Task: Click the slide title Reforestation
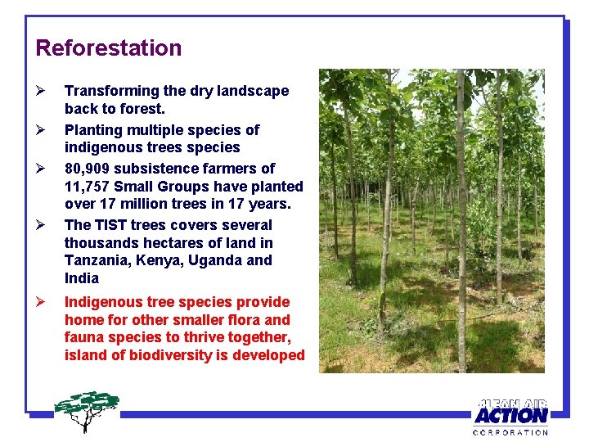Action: [x=109, y=48]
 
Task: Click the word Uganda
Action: [x=216, y=261]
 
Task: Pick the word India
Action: [x=82, y=278]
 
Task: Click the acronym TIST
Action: [x=111, y=225]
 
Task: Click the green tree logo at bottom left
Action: [x=87, y=409]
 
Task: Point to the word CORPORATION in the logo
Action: [x=510, y=432]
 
